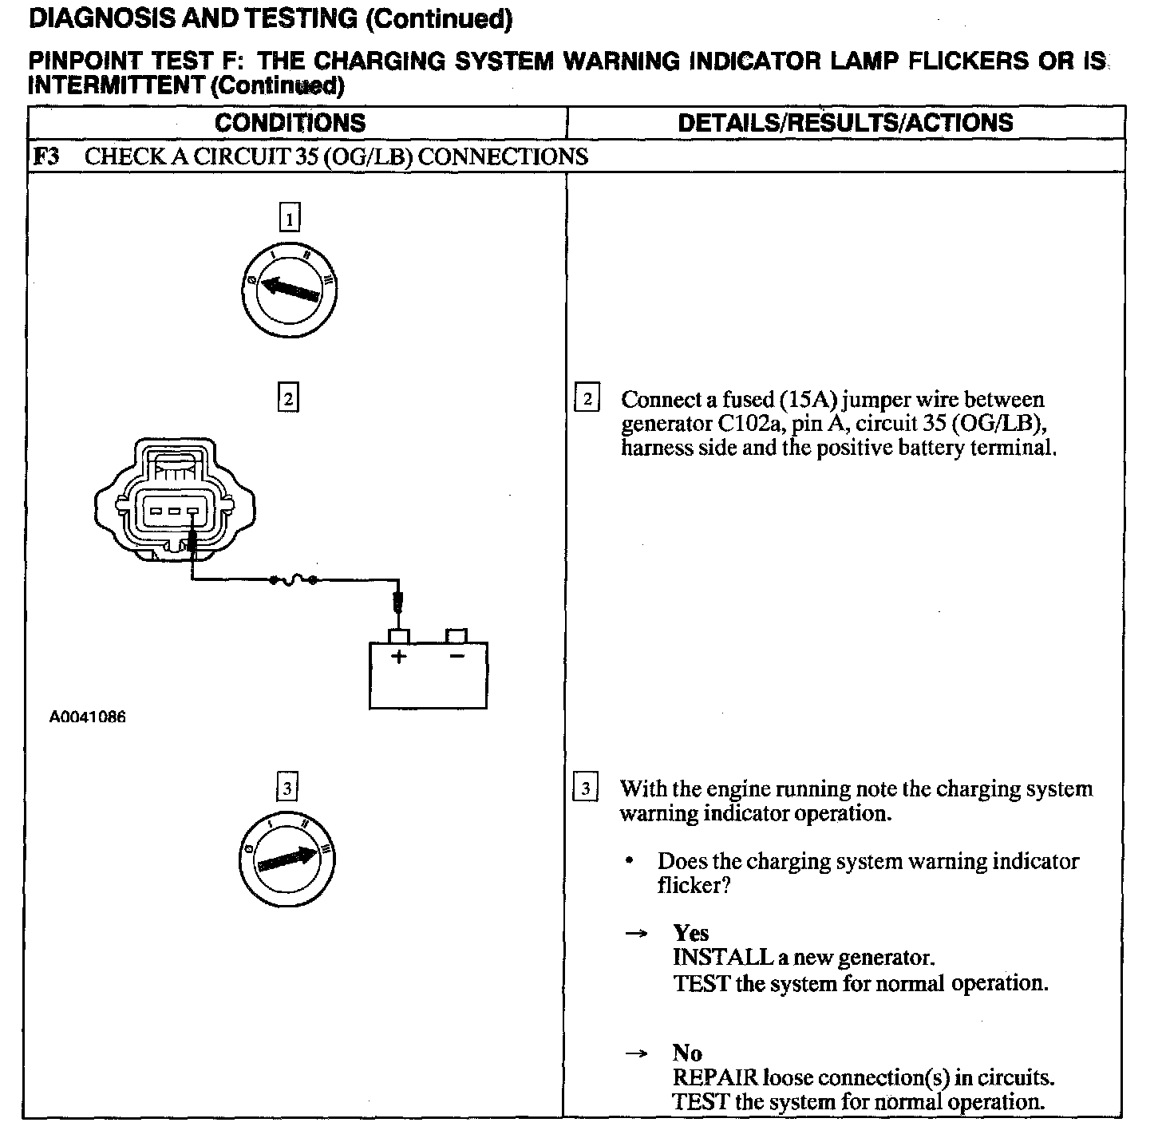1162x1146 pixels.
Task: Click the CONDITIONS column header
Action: tap(290, 123)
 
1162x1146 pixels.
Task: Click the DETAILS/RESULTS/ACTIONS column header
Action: tap(844, 123)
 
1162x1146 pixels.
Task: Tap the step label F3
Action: tap(45, 156)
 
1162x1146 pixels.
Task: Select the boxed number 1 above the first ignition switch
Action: tap(290, 217)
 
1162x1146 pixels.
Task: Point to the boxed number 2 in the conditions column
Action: tap(287, 397)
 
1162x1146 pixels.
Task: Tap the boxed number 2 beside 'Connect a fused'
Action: tap(587, 398)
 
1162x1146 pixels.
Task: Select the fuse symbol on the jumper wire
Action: tap(294, 580)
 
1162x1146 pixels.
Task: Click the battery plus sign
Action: tap(398, 657)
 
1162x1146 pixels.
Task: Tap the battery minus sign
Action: tap(457, 656)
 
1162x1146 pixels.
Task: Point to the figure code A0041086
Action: tap(87, 717)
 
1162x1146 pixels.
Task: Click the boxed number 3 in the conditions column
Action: tap(287, 788)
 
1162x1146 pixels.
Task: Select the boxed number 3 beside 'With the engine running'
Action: tap(585, 788)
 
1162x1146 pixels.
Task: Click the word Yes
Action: tap(690, 932)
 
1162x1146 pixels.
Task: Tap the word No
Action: tap(686, 1053)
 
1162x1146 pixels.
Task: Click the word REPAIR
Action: tap(715, 1077)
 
